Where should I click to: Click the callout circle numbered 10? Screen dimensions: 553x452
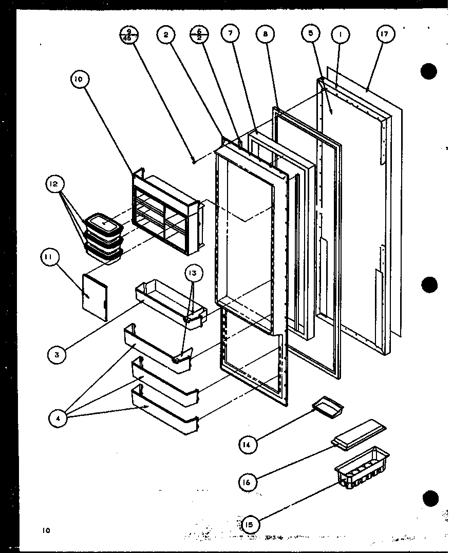coord(80,80)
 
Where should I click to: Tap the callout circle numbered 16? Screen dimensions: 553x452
coord(249,481)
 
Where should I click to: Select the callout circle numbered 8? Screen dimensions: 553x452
coord(265,34)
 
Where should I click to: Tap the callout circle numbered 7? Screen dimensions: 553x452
coord(230,34)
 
